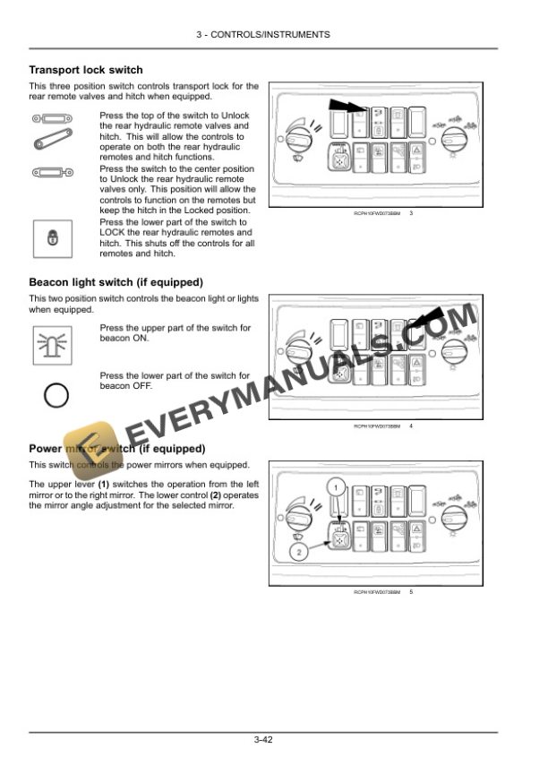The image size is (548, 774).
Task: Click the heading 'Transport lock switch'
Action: tap(86, 70)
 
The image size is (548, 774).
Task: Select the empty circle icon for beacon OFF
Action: tap(56, 394)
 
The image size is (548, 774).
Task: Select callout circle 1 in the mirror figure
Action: tap(334, 486)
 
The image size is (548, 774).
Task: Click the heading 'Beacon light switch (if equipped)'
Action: tap(116, 282)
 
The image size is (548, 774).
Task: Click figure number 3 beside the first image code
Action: tap(410, 213)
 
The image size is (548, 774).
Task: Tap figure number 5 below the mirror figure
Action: tap(410, 592)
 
